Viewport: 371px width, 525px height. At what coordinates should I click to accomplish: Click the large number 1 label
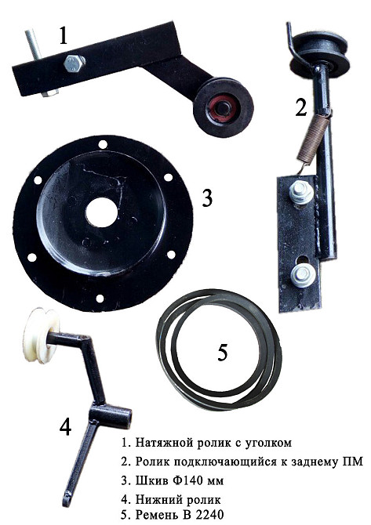64,36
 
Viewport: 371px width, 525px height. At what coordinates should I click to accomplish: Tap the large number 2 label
301,107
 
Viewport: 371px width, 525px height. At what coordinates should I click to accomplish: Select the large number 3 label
207,197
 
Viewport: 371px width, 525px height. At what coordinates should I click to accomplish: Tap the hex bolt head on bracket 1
75,63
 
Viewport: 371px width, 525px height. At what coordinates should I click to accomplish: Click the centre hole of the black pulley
101,212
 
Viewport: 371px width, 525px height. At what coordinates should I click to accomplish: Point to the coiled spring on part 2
314,139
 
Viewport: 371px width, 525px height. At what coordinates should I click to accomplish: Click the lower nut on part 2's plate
302,274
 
